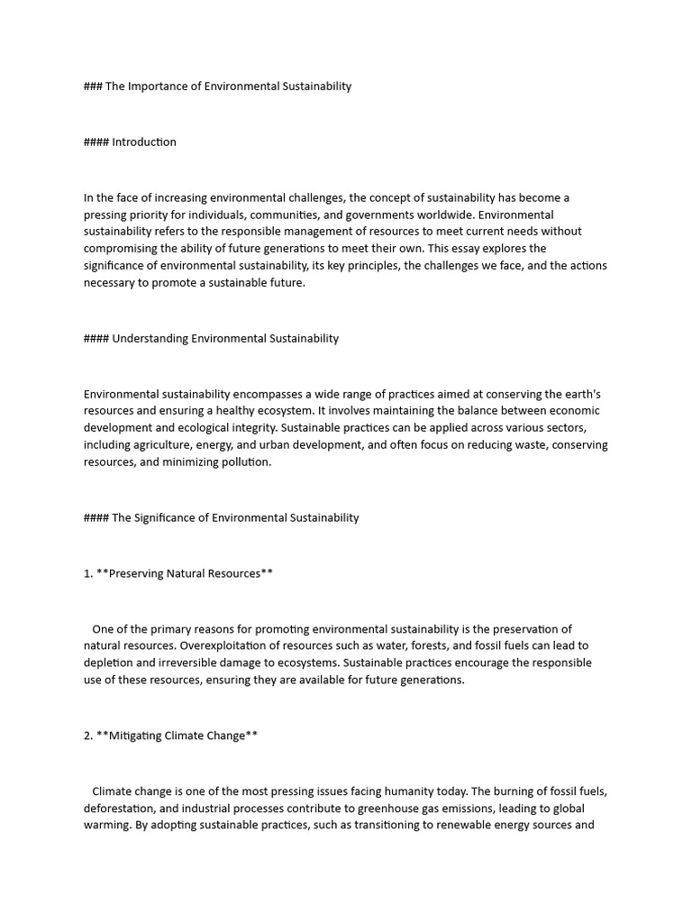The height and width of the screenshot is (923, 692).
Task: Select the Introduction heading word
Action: point(144,142)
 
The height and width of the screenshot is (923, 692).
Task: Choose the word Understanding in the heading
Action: point(150,338)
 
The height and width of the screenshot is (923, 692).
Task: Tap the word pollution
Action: point(243,461)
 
